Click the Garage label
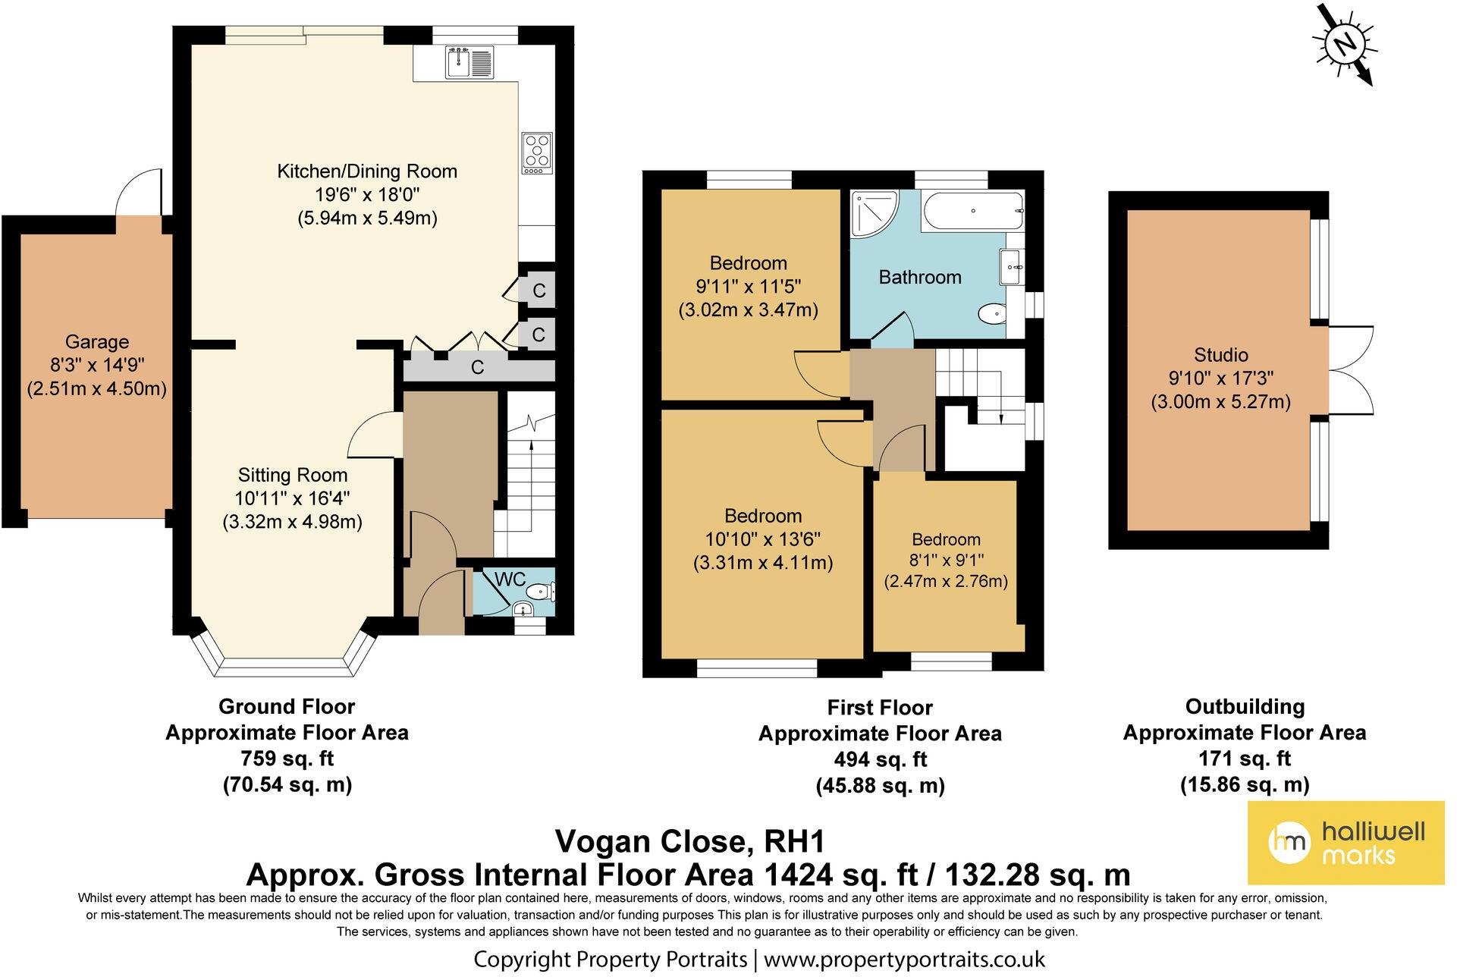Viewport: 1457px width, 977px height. pyautogui.click(x=96, y=342)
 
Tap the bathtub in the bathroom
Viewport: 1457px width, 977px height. pyautogui.click(x=973, y=211)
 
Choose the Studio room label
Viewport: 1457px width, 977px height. pyautogui.click(x=1220, y=355)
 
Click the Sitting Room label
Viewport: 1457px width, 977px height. pyautogui.click(x=293, y=476)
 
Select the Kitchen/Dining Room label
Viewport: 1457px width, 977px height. pyautogui.click(x=367, y=171)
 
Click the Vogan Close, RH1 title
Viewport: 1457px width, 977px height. pyautogui.click(x=690, y=841)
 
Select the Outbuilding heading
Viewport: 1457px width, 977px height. pyautogui.click(x=1245, y=707)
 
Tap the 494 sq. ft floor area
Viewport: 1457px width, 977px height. pyautogui.click(x=880, y=759)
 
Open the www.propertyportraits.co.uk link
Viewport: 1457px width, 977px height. pyautogui.click(x=904, y=959)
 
